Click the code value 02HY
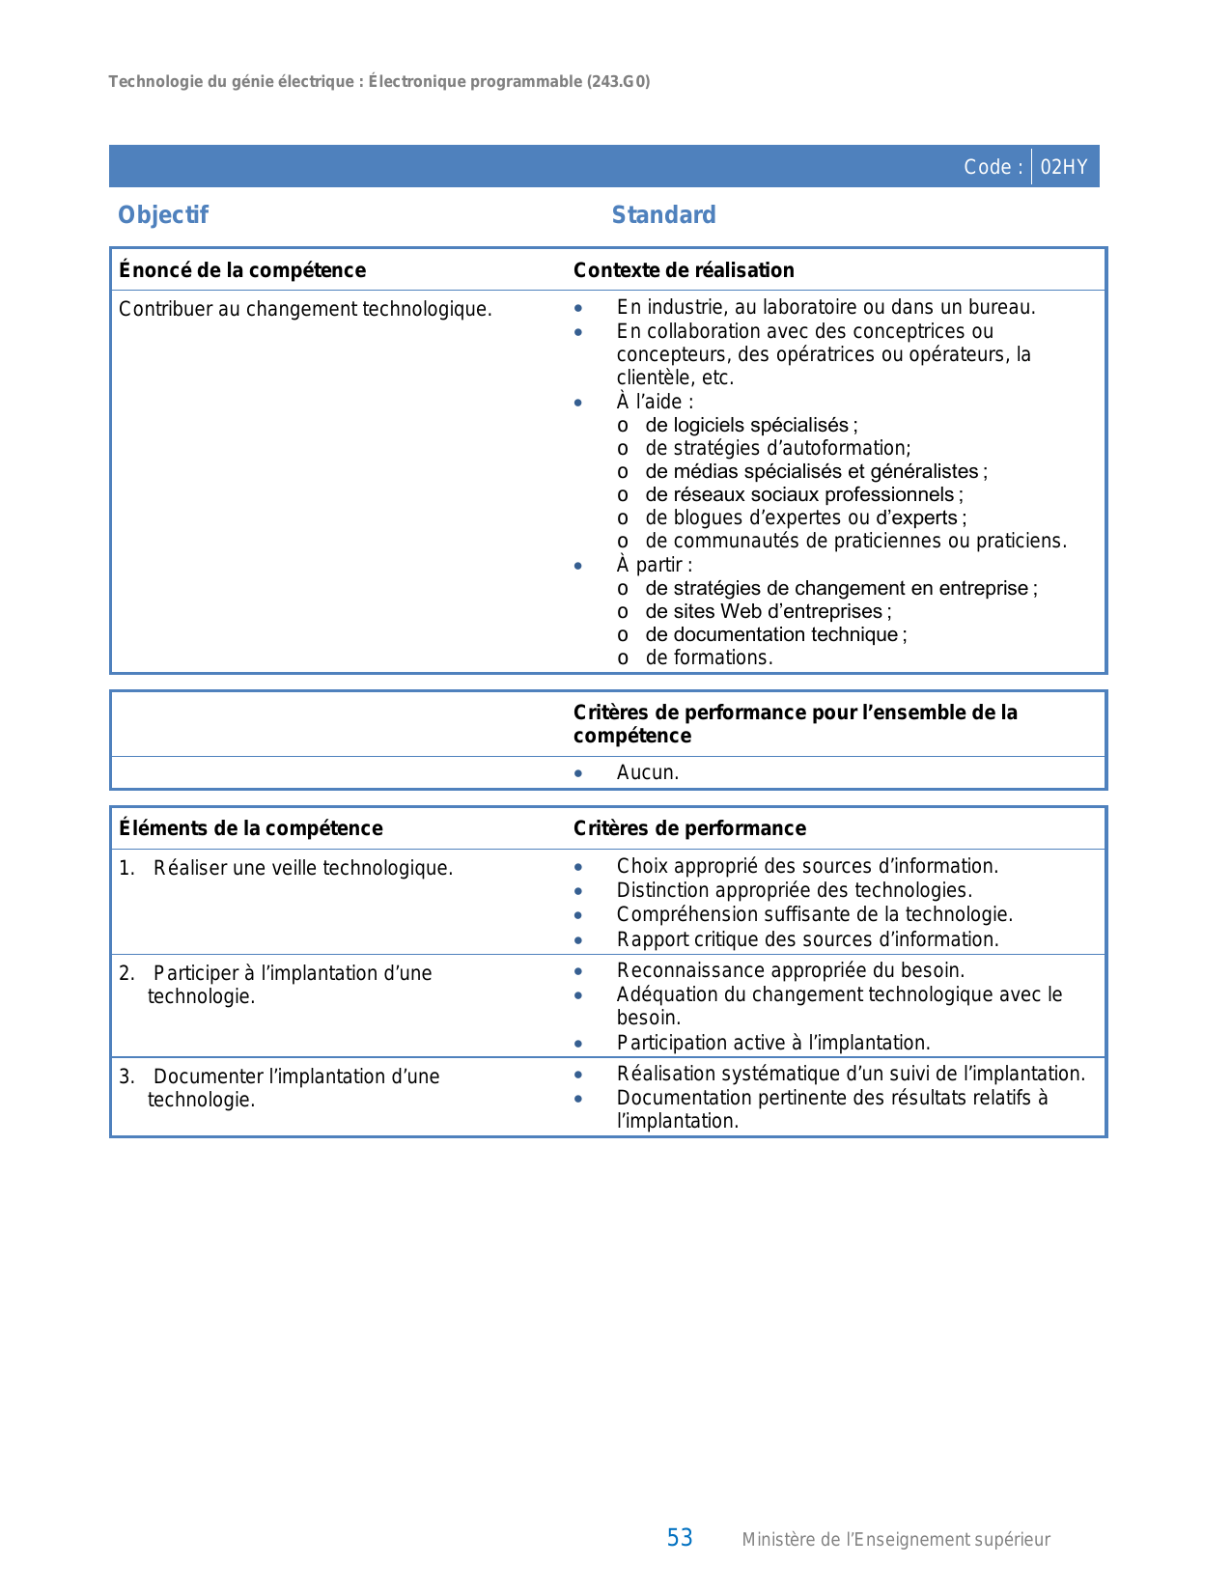[x=1064, y=167]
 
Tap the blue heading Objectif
[x=163, y=215]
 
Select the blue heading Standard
[x=663, y=215]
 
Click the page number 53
[x=680, y=1538]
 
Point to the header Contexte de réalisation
[x=684, y=270]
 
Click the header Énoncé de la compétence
[x=242, y=270]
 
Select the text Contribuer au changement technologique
[x=305, y=309]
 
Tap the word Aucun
[x=648, y=773]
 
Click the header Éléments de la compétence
[x=251, y=828]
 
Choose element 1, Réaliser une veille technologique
[x=302, y=868]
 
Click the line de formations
[x=709, y=658]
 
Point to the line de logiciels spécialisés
[x=750, y=426]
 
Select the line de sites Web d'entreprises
[x=768, y=612]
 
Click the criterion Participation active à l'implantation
[x=773, y=1043]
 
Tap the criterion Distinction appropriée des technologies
[x=794, y=890]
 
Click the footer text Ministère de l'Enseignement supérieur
[x=895, y=1540]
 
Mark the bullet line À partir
[x=655, y=565]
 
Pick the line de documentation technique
[x=775, y=635]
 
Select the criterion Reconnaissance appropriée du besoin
[x=790, y=970]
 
